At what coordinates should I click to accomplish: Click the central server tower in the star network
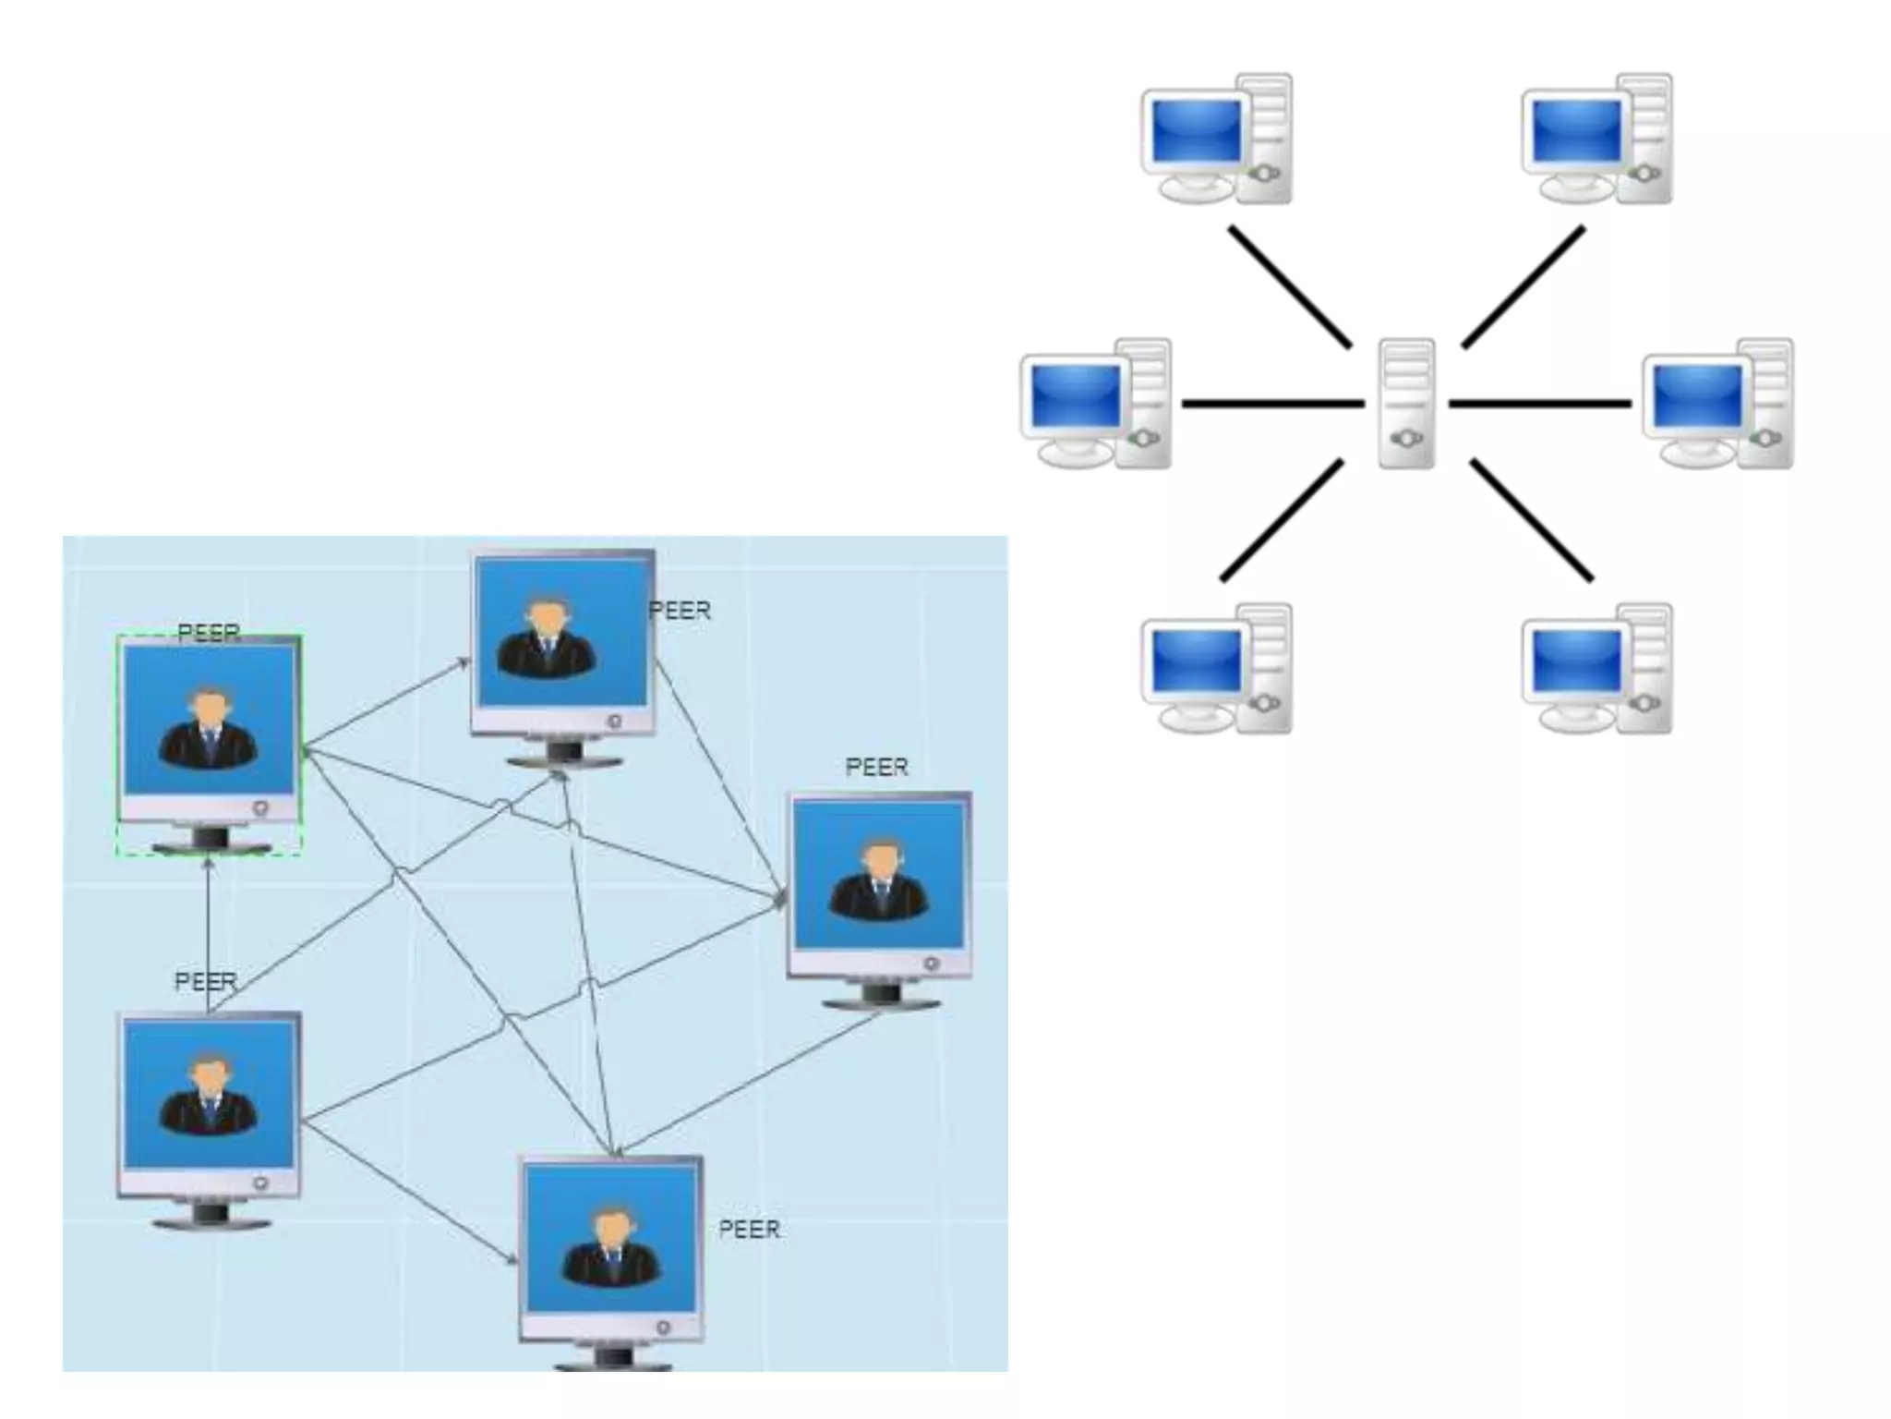pyautogui.click(x=1406, y=403)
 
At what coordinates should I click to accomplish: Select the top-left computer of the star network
pyautogui.click(x=1215, y=139)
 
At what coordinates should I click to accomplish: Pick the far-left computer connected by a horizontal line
pyautogui.click(x=1095, y=405)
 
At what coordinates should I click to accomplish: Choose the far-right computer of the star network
pyautogui.click(x=1717, y=405)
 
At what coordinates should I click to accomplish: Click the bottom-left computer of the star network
pyautogui.click(x=1215, y=669)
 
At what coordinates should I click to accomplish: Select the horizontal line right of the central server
pyautogui.click(x=1539, y=404)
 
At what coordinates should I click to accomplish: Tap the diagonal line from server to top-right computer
pyautogui.click(x=1524, y=287)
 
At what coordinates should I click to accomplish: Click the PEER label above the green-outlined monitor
pyautogui.click(x=209, y=633)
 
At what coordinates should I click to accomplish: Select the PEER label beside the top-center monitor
pyautogui.click(x=680, y=611)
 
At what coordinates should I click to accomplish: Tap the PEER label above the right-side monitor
pyautogui.click(x=876, y=767)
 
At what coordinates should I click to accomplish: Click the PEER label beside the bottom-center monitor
pyautogui.click(x=749, y=1230)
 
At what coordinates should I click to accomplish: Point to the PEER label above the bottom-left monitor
pyautogui.click(x=206, y=981)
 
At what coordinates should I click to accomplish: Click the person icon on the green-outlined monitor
pyautogui.click(x=209, y=730)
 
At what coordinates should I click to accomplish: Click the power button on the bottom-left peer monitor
pyautogui.click(x=261, y=1182)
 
